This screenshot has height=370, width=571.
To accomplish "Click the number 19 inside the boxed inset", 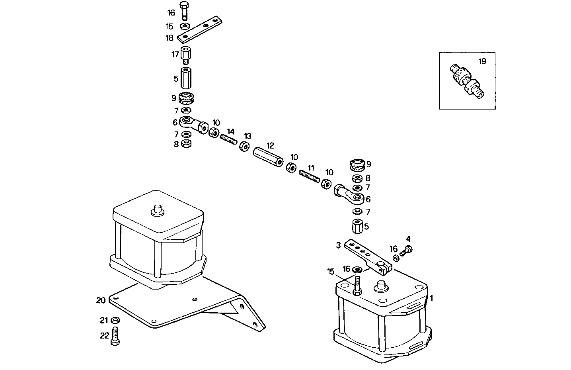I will click(482, 61).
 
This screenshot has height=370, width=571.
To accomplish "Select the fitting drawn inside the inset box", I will click(466, 80).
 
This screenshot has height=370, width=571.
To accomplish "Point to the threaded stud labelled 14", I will click(228, 139).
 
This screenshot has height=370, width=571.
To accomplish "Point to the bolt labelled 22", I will click(115, 336).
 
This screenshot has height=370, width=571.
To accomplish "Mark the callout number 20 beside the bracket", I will click(101, 300).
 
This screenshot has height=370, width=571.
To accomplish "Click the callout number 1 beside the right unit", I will click(431, 298).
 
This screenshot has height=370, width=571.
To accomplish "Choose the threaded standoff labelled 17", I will click(185, 55).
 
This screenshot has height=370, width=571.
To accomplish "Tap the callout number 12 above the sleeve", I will click(271, 146).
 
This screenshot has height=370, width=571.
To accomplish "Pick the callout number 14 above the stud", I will click(231, 131).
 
